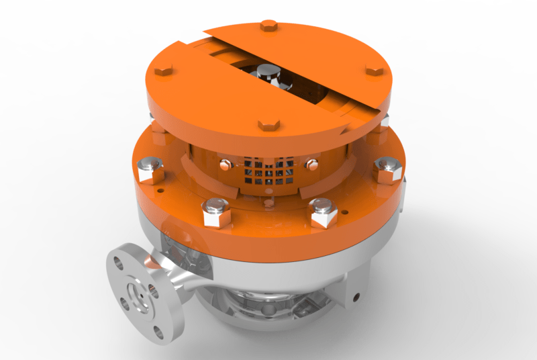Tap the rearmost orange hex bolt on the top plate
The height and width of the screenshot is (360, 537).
[x=267, y=26]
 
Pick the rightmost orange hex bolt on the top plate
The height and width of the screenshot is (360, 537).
[x=374, y=71]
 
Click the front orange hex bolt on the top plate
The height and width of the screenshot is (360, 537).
[x=268, y=125]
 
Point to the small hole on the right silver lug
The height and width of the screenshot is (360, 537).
[x=356, y=295]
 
